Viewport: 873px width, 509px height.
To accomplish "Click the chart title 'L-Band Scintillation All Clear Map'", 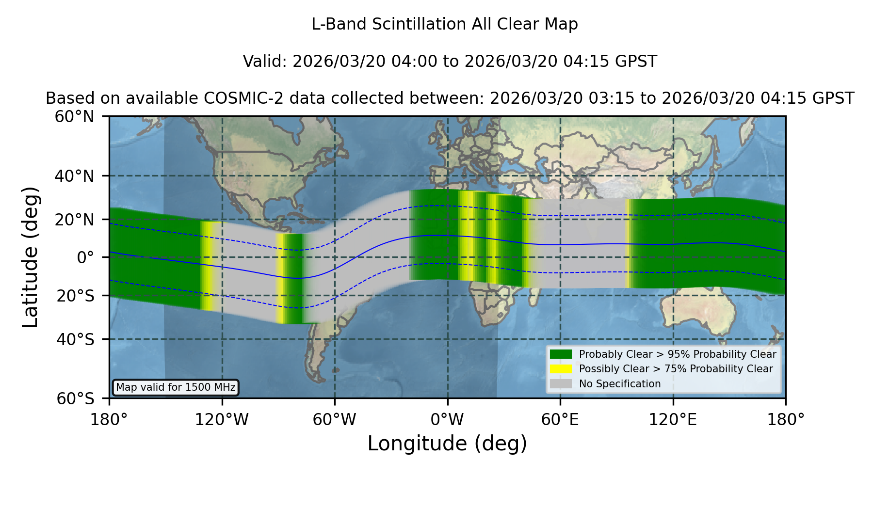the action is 444,24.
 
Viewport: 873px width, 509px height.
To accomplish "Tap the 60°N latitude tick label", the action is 74,116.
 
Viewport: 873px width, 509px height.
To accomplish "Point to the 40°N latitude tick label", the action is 74,176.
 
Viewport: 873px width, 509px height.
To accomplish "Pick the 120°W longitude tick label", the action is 222,420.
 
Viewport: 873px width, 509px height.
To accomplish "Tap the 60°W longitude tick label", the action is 335,420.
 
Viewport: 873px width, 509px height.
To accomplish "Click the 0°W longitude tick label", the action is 447,420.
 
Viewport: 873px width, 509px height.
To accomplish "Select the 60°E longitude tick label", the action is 560,420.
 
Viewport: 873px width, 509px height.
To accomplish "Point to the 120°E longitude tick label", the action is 673,420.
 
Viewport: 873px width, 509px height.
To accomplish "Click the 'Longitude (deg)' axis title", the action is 447,444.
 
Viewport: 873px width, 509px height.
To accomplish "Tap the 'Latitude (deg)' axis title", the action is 30,257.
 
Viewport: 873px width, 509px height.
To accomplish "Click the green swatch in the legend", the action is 561,354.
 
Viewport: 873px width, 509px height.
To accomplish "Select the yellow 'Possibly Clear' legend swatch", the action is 561,369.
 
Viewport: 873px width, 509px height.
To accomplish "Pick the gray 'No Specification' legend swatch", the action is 561,384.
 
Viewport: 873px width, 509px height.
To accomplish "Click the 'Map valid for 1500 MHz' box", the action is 176,387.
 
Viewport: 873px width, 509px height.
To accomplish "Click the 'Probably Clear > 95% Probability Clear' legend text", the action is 678,354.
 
